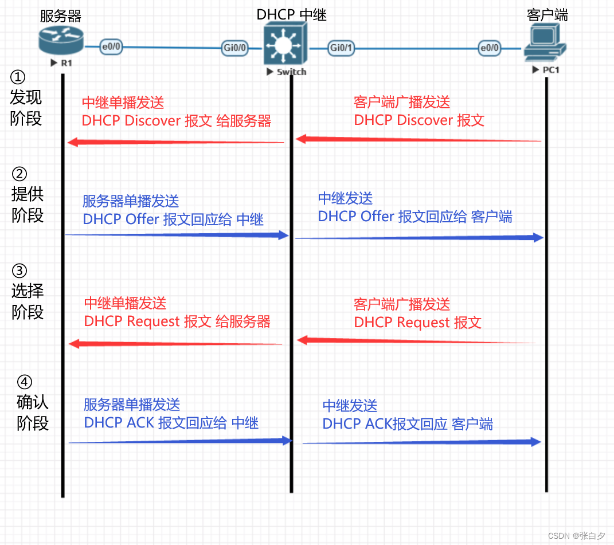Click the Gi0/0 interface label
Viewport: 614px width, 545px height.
(235, 48)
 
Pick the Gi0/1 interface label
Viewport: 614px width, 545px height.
(341, 48)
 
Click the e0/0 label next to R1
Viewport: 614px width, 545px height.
(111, 47)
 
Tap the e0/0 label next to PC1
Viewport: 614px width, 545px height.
(489, 48)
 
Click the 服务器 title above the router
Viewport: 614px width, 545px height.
(61, 15)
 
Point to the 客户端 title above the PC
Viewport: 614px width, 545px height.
(547, 15)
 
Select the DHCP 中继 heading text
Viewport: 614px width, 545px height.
(291, 15)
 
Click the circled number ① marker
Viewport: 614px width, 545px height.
(18, 77)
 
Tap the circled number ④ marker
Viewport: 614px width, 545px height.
(24, 382)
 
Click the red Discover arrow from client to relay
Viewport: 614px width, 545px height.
(419, 139)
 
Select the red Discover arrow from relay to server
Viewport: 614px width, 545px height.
(175, 142)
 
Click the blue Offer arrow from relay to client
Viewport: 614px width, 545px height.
(419, 238)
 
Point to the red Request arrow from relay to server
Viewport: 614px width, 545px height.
(175, 344)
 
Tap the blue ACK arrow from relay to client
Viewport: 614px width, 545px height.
(422, 442)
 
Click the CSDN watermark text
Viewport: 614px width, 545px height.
(576, 536)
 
